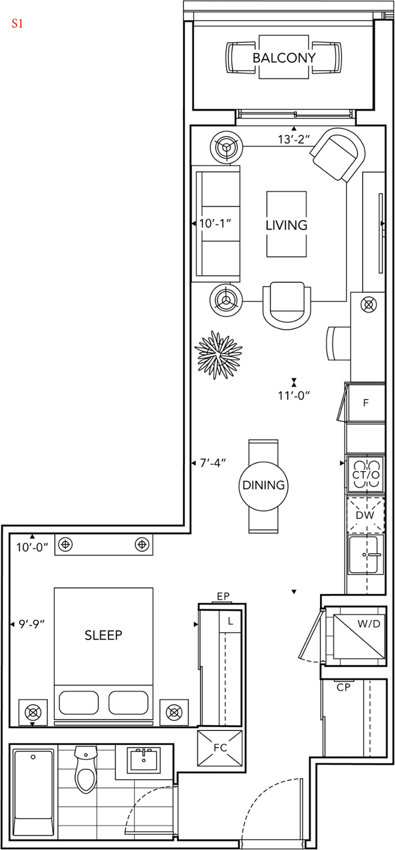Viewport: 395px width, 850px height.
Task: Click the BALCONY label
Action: (284, 58)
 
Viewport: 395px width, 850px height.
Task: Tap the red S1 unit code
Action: (17, 23)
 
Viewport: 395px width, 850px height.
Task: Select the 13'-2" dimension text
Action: (294, 139)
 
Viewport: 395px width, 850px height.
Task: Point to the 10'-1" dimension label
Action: (215, 223)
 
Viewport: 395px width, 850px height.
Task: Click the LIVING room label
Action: (286, 225)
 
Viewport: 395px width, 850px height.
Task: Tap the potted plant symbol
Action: (218, 355)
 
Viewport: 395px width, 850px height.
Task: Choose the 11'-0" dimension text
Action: (294, 395)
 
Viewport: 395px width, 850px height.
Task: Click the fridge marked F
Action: (365, 403)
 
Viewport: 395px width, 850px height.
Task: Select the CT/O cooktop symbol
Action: (365, 474)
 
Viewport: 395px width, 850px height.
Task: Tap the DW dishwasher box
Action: (365, 515)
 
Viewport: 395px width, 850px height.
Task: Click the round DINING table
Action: (263, 486)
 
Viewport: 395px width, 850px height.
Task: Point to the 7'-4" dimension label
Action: (213, 463)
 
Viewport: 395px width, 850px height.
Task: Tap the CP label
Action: (344, 687)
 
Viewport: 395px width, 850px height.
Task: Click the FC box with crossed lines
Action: (219, 747)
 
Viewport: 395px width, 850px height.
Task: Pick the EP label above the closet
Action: (224, 596)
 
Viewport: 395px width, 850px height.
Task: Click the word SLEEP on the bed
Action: (104, 635)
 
